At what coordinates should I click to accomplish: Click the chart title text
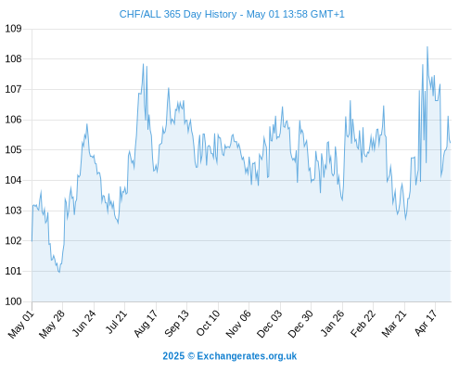click(x=232, y=14)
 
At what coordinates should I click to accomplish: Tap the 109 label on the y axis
click(x=13, y=29)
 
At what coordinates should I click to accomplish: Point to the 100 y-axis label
click(x=13, y=301)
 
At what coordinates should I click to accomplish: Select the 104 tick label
click(x=13, y=180)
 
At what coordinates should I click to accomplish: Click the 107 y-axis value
click(x=13, y=89)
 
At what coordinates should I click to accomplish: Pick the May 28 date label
click(x=52, y=324)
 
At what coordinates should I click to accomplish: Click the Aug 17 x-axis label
click(x=146, y=324)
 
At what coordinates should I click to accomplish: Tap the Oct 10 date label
click(x=208, y=324)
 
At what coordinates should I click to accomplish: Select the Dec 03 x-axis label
click(x=270, y=324)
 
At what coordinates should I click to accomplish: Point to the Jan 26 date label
click(x=332, y=324)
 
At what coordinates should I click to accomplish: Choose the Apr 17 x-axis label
click(x=426, y=324)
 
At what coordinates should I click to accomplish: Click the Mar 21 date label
click(x=394, y=324)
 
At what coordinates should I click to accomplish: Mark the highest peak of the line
click(x=427, y=46)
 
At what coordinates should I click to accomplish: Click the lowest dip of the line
click(x=59, y=272)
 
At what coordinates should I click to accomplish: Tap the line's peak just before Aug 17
click(x=143, y=64)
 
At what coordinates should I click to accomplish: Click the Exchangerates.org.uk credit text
click(x=247, y=356)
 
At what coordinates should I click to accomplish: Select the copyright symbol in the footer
click(x=191, y=356)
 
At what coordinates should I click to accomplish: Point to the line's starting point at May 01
click(x=32, y=241)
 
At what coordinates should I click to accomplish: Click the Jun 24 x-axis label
click(x=83, y=324)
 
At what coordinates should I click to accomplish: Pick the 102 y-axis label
click(x=13, y=241)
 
